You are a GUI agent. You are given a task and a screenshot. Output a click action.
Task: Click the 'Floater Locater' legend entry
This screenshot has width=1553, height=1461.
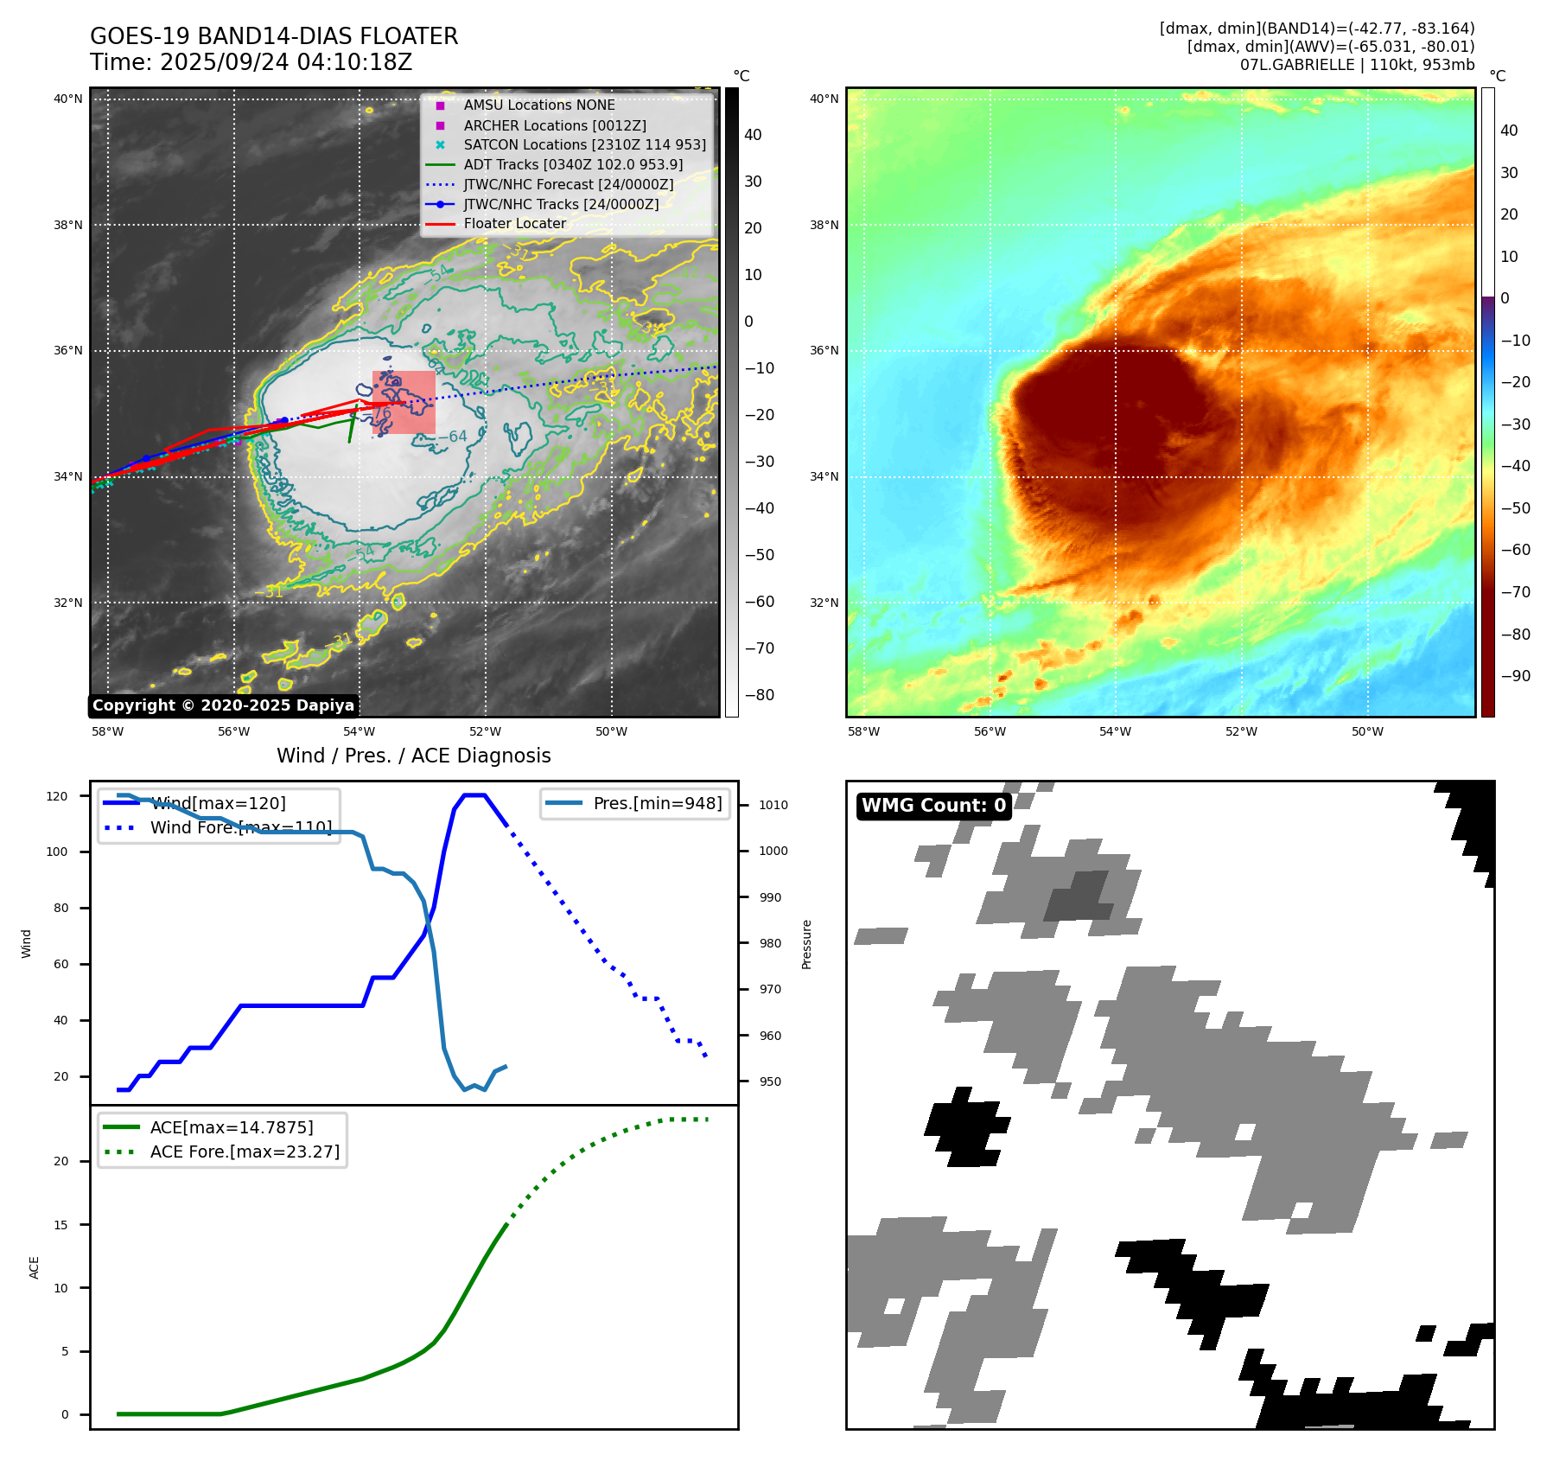[x=514, y=224]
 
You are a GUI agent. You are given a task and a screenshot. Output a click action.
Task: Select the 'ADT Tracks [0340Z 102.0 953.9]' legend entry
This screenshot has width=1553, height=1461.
[x=573, y=164]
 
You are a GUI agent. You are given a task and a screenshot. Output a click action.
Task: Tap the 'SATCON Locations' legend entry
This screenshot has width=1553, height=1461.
[x=584, y=144]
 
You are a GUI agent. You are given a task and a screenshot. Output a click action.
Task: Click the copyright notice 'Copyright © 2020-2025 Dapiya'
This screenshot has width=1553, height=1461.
[x=223, y=705]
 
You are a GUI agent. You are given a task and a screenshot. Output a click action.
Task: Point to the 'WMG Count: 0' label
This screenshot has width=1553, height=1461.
[x=933, y=806]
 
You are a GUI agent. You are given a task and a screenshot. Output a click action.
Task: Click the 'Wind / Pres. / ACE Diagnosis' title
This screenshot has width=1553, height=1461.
[x=413, y=756]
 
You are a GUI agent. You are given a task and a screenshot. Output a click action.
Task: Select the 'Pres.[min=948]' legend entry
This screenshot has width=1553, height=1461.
[x=657, y=803]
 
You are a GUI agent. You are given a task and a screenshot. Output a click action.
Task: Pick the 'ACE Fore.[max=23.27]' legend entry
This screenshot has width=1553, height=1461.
[x=245, y=1152]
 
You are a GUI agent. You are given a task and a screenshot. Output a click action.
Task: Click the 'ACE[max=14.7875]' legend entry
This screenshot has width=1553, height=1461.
[x=232, y=1127]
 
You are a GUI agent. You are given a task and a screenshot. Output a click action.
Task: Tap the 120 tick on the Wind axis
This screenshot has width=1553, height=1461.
[x=57, y=796]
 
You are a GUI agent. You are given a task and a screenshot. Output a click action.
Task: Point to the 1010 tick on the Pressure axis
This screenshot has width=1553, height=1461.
[x=773, y=805]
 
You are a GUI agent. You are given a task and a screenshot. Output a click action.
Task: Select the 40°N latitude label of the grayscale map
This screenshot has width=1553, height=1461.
[x=68, y=99]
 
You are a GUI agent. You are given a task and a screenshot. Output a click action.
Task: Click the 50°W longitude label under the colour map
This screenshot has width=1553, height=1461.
[x=1367, y=731]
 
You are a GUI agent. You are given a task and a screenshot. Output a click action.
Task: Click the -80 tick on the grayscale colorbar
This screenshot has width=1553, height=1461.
[x=759, y=695]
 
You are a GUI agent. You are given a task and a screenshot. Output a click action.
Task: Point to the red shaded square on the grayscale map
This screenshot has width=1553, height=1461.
[x=404, y=402]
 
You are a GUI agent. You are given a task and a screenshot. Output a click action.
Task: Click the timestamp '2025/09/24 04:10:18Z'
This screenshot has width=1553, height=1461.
[x=285, y=63]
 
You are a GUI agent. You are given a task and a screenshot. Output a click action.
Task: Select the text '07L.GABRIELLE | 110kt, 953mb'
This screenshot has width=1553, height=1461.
[x=1357, y=65]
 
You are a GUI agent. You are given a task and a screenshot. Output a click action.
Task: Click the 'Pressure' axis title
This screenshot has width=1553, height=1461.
[x=807, y=944]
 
